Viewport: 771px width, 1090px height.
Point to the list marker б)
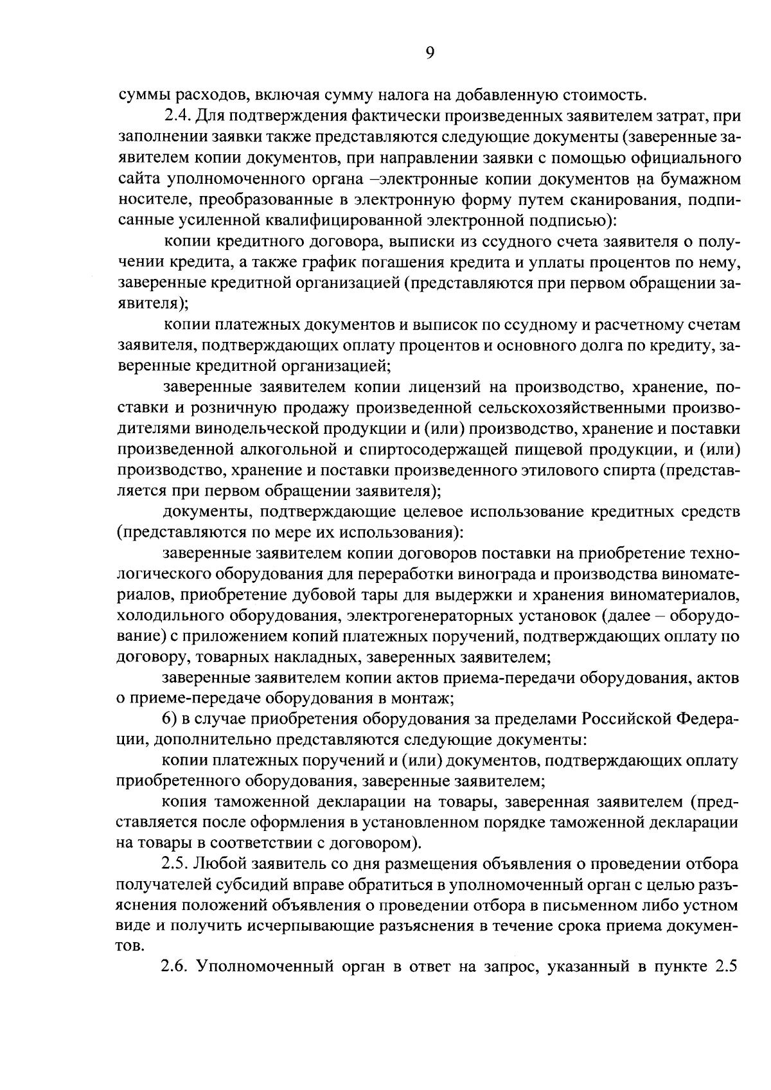coord(170,718)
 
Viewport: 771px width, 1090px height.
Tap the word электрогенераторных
coord(420,615)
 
